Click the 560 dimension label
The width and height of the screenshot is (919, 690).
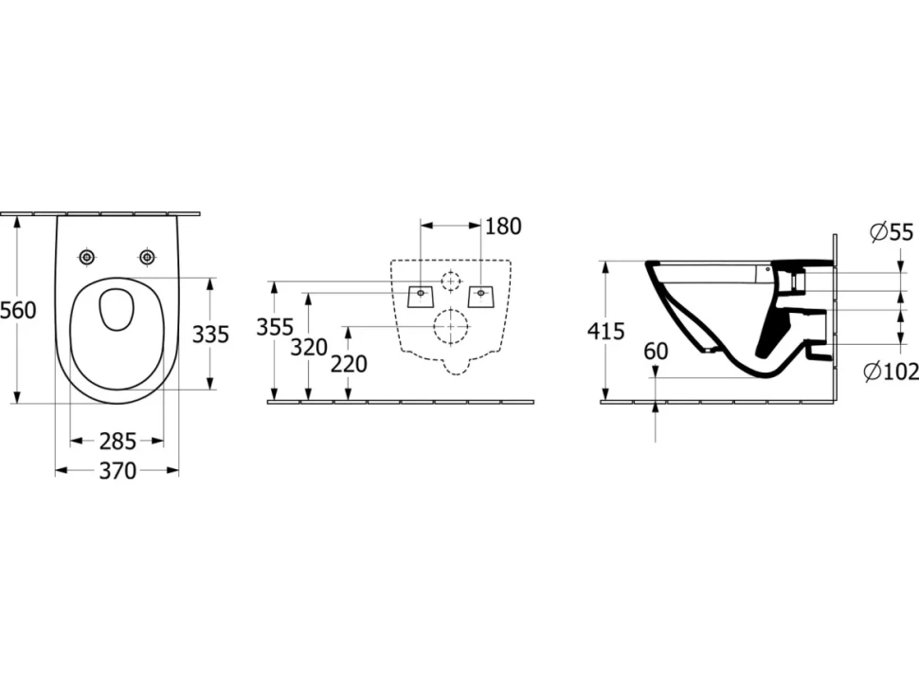pos(18,310)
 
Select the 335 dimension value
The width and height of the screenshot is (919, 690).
pos(210,335)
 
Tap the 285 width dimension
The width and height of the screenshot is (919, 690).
pos(117,441)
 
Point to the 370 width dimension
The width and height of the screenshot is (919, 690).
pos(117,470)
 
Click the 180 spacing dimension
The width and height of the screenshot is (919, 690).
pos(503,227)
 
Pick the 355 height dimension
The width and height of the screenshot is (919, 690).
pos(275,327)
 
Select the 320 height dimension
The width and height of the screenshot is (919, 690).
pos(309,348)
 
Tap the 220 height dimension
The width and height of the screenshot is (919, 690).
pos(349,364)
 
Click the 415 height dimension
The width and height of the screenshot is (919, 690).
pos(606,332)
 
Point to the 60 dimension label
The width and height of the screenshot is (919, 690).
pos(656,351)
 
